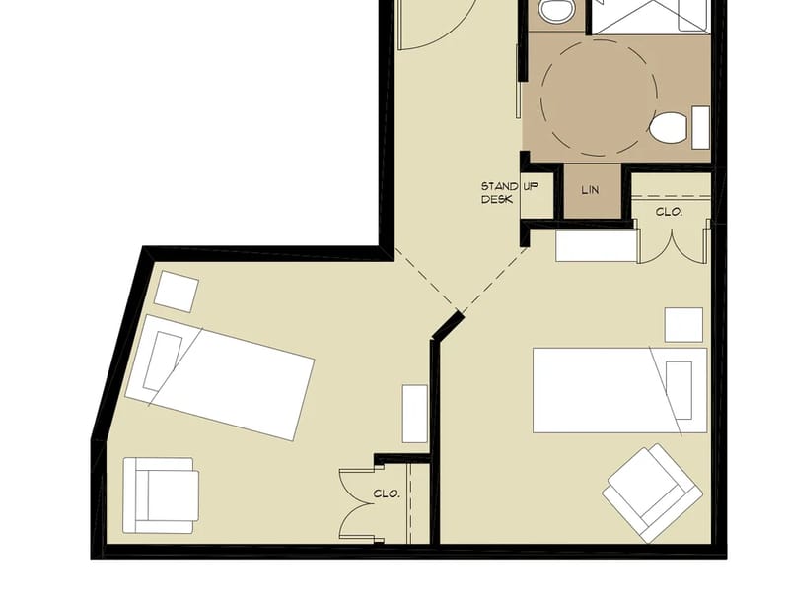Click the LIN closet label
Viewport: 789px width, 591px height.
tap(590, 190)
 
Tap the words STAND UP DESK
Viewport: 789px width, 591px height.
tap(509, 193)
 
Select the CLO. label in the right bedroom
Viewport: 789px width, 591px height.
tap(669, 212)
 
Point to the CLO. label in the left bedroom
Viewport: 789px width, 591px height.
tap(387, 494)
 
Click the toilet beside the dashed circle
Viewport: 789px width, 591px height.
tap(668, 127)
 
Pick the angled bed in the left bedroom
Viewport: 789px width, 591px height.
tap(220, 377)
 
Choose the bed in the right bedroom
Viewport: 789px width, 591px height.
tap(620, 390)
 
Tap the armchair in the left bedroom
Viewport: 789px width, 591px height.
tap(161, 495)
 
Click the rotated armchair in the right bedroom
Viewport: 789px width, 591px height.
tap(652, 492)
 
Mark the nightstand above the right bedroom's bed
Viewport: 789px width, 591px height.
tap(683, 325)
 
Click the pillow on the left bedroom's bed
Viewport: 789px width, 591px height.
tap(163, 361)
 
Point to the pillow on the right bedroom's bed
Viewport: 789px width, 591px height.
tap(679, 390)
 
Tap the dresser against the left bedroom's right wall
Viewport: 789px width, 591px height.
tap(415, 414)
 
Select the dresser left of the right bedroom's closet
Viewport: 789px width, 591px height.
tap(597, 245)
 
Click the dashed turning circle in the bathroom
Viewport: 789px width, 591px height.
tap(599, 98)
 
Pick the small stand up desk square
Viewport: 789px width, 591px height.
tap(538, 195)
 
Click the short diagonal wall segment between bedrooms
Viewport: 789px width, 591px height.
tap(448, 326)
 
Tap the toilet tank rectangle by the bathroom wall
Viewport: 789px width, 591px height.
tap(700, 127)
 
